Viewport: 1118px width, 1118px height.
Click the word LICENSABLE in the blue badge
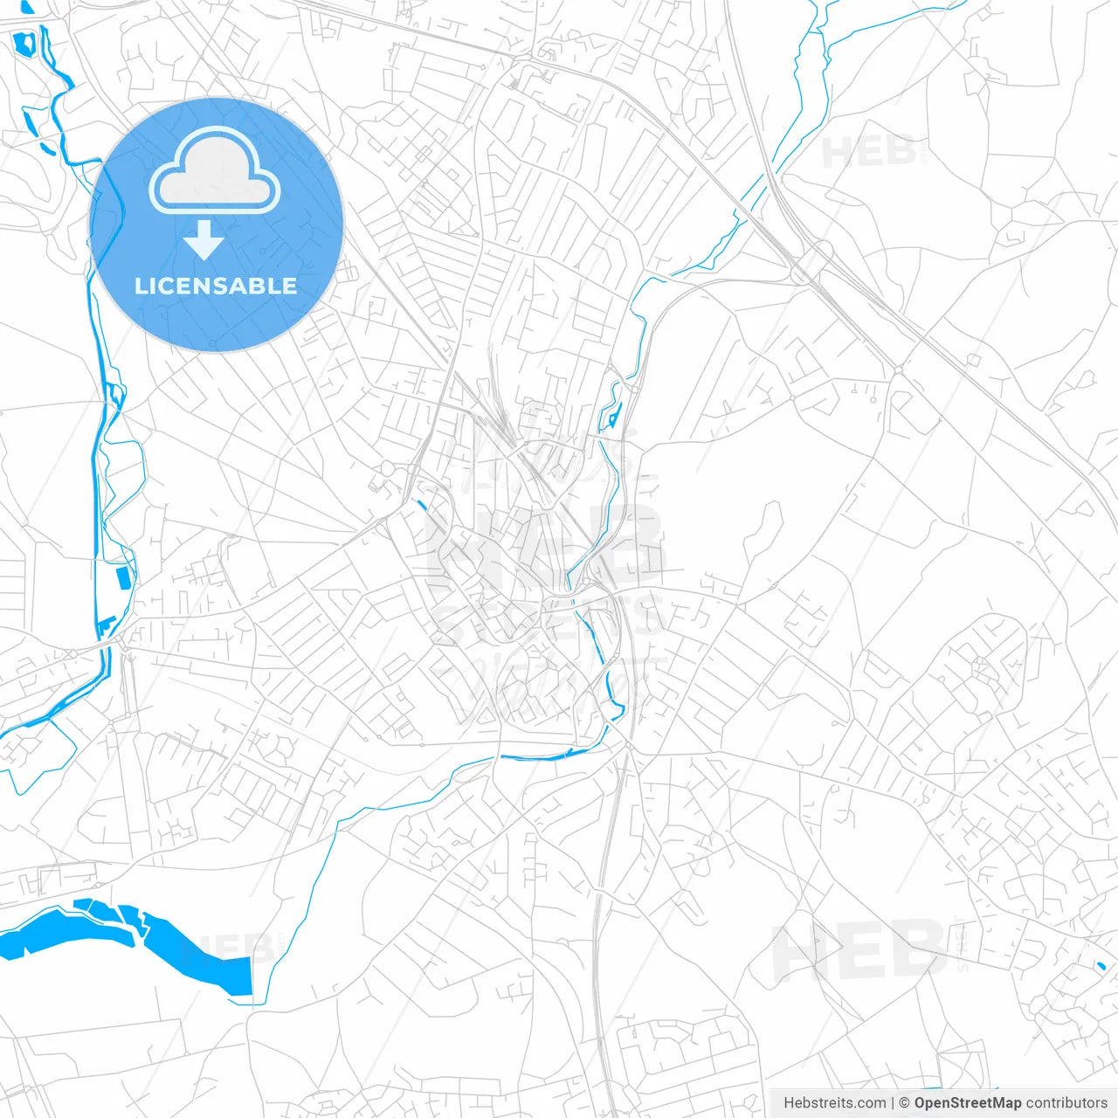pos(216,286)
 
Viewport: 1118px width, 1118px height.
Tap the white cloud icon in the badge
pos(215,171)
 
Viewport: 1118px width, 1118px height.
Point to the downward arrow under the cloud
pos(204,240)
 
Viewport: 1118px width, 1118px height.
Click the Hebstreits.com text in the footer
pos(834,1103)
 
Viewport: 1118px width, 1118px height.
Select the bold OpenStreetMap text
pos(967,1103)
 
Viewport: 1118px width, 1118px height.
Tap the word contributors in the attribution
pos(1066,1103)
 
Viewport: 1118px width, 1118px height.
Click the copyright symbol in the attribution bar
pos(905,1103)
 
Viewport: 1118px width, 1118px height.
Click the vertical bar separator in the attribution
pos(893,1103)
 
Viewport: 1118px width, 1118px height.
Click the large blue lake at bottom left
pos(131,939)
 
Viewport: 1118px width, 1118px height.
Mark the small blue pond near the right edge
pos(1101,965)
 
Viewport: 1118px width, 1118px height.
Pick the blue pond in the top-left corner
pos(23,42)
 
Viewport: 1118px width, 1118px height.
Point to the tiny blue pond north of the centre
pos(614,418)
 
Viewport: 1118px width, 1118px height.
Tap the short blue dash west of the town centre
pos(423,504)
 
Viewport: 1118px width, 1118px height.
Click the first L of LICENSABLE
pos(141,286)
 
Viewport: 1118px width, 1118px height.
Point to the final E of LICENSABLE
pos(289,286)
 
